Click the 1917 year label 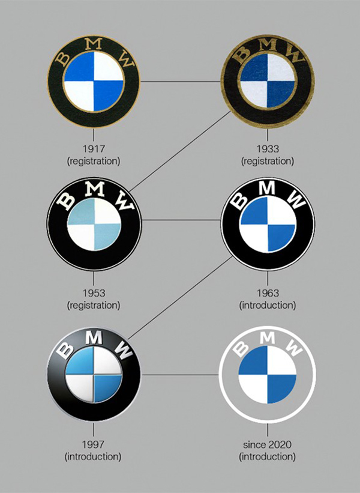point(93,148)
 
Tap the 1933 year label point(268,148)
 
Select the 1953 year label point(93,293)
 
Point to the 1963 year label point(268,293)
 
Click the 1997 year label point(93,444)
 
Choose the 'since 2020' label point(268,444)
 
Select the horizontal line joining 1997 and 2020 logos point(180,375)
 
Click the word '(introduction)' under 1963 point(268,305)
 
